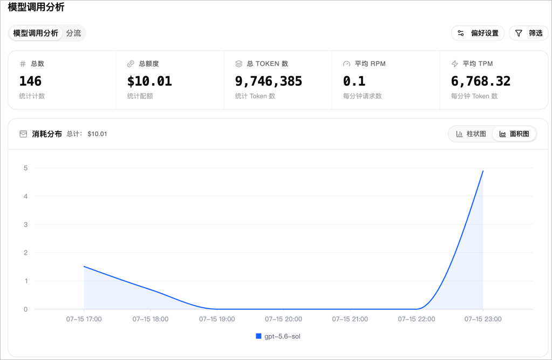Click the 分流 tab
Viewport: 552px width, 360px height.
coord(73,33)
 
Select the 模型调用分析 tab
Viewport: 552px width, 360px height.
coord(36,33)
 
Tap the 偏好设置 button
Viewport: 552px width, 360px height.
coord(478,33)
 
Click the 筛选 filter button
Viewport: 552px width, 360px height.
coord(529,33)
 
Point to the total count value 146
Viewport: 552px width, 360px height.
coord(30,81)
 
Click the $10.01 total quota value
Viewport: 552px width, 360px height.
coord(149,81)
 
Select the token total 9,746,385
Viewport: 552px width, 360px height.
coord(269,81)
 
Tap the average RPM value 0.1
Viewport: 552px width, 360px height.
coord(354,81)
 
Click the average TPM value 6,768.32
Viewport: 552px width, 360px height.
coord(481,81)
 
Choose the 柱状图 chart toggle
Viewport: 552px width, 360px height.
coord(471,134)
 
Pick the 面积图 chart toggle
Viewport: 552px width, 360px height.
coord(514,134)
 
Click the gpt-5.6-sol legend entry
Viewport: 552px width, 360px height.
coord(278,336)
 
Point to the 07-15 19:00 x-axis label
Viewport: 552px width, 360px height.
coord(217,319)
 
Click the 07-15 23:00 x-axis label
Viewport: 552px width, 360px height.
coord(483,319)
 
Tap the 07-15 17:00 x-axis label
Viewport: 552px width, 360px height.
coord(84,319)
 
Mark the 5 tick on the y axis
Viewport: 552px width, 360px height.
coord(26,168)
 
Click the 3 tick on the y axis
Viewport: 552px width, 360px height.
coord(26,225)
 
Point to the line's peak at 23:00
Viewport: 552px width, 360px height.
coord(483,171)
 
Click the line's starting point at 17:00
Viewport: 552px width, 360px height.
coord(84,267)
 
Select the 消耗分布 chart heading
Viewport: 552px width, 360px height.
coord(47,134)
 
